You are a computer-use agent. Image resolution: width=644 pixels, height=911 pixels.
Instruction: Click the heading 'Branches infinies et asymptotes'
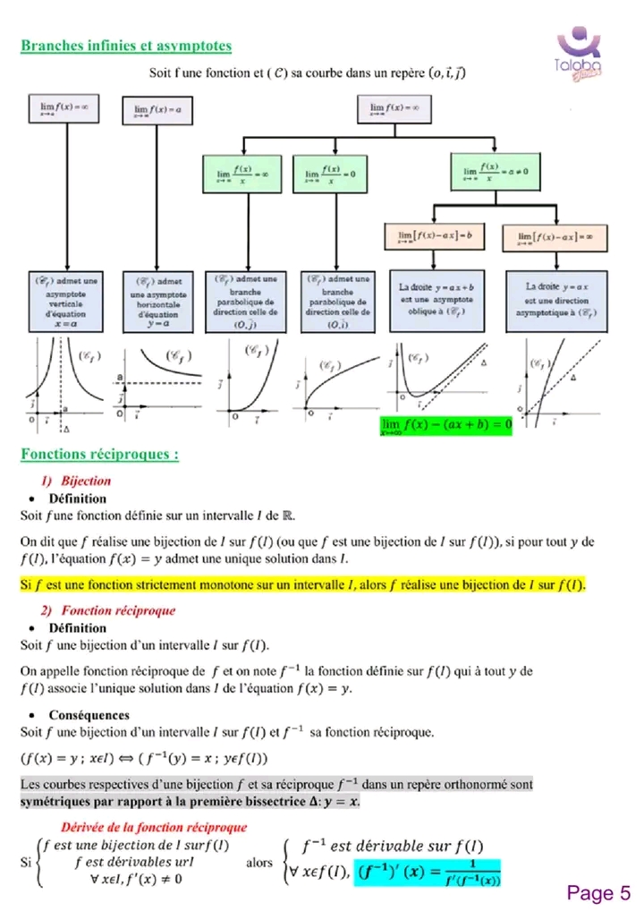tap(126, 45)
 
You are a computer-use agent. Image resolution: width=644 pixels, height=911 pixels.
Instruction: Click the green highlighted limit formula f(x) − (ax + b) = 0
tap(445, 424)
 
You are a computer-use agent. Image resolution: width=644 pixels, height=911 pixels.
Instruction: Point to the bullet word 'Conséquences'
tap(89, 715)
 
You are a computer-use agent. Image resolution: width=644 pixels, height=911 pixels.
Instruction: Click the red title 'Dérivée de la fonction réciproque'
tap(153, 827)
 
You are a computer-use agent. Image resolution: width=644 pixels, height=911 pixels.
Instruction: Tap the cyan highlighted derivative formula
tap(428, 871)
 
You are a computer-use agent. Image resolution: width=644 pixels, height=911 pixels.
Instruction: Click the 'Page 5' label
tap(598, 892)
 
